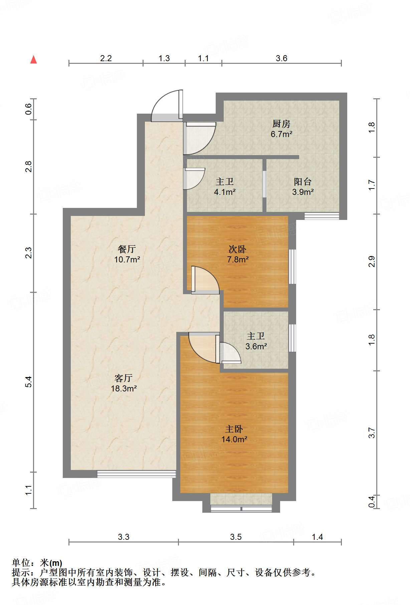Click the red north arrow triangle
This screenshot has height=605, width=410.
(33, 59)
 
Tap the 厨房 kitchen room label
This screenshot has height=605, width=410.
(281, 124)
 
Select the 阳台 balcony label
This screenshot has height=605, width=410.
(302, 182)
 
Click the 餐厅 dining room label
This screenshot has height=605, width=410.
(127, 249)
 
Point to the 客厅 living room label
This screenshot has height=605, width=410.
(124, 378)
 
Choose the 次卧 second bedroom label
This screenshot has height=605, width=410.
(237, 249)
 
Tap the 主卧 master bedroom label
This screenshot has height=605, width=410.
(234, 429)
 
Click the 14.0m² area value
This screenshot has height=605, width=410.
(234, 440)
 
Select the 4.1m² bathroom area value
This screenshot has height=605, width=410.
(224, 192)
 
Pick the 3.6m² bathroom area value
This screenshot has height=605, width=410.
(256, 347)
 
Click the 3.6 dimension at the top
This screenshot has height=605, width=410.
(281, 58)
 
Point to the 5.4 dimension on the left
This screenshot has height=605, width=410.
(29, 382)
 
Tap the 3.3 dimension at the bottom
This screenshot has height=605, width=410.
(123, 537)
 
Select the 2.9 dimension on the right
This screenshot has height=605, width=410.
(372, 261)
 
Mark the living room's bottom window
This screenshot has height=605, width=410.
(136, 474)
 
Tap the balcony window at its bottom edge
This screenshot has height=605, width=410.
(322, 216)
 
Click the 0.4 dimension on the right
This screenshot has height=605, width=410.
(372, 501)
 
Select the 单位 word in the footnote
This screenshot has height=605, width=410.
(22, 563)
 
